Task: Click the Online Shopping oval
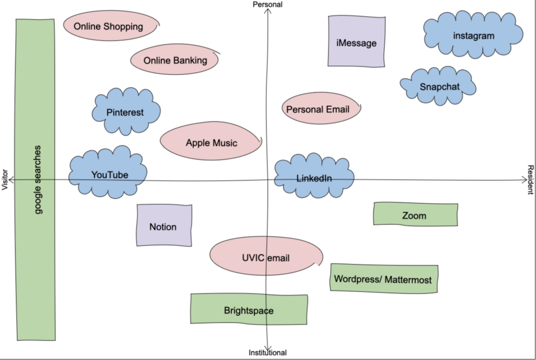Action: (109, 26)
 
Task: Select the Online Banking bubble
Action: (175, 60)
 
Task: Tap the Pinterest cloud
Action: (126, 112)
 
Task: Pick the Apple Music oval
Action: (211, 143)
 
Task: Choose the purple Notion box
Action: (163, 226)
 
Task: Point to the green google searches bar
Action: (36, 179)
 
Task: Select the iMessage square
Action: (356, 42)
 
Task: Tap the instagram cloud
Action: (473, 36)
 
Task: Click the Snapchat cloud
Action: (439, 86)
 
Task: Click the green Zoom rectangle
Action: (415, 215)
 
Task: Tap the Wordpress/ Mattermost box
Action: (383, 279)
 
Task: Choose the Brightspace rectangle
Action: (249, 310)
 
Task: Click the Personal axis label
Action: (267, 5)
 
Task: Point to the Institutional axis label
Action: (267, 353)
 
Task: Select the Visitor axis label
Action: (5, 179)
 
